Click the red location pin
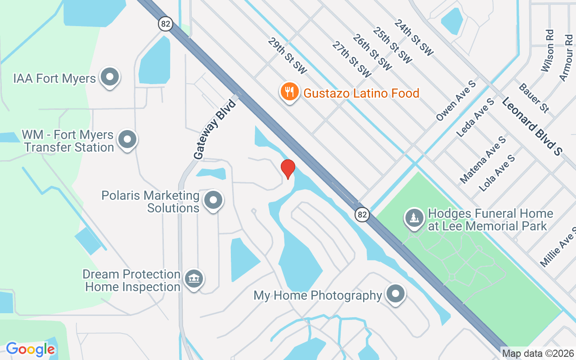288,169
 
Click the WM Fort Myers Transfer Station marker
127,139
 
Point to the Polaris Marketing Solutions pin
213,200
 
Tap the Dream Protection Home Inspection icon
194,279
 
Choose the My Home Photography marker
396,294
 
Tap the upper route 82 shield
166,24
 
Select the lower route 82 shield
362,214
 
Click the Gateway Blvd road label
215,130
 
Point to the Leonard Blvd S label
532,126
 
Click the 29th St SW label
287,56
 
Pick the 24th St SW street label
414,38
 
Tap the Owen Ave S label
456,101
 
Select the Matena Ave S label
482,160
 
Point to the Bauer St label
534,98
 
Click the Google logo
30,349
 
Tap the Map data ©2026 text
538,354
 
